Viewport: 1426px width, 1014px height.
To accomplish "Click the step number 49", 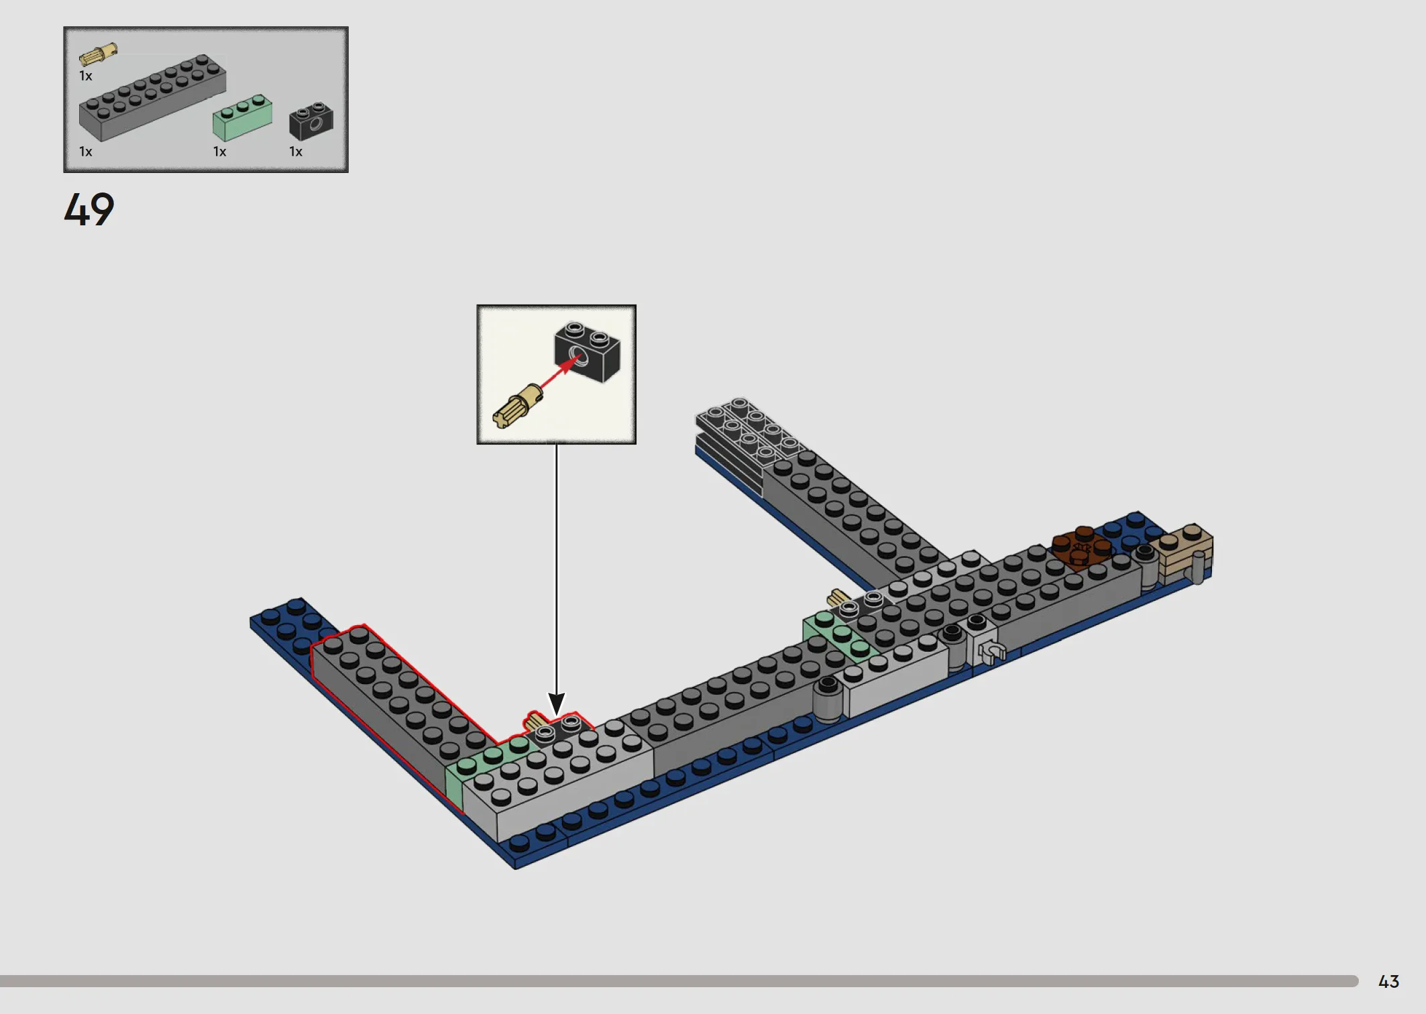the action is click(x=89, y=209).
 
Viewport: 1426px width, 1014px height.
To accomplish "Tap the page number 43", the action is click(x=1388, y=982).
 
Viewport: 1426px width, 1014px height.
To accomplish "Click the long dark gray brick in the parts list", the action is click(x=152, y=98).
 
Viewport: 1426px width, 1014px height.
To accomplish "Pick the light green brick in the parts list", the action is click(x=242, y=117).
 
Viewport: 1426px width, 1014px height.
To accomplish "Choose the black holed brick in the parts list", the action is click(x=311, y=121).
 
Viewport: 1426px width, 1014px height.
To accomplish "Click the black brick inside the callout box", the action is click(x=588, y=352).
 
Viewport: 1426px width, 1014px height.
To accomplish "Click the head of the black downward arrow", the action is click(x=557, y=704).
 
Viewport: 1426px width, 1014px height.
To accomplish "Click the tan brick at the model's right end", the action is click(x=1183, y=553).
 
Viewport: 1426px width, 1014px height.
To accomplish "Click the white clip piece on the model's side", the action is click(x=990, y=651).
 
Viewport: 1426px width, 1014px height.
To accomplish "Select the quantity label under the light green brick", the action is click(x=220, y=152).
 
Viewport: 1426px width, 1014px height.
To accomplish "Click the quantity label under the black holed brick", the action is click(x=296, y=152).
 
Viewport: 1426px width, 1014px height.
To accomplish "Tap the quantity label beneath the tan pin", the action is click(x=86, y=76).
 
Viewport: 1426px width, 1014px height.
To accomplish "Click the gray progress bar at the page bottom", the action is click(x=679, y=981).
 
